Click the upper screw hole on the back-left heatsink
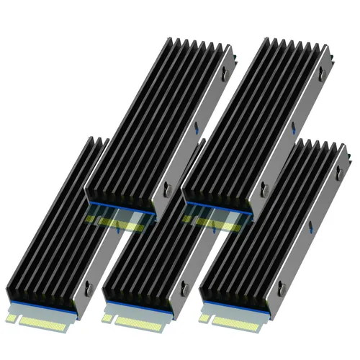click(x=222, y=71)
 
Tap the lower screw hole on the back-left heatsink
click(x=167, y=189)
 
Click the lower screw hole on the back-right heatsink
click(x=264, y=189)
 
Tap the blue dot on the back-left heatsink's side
click(x=196, y=130)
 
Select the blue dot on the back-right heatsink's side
click(x=293, y=130)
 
